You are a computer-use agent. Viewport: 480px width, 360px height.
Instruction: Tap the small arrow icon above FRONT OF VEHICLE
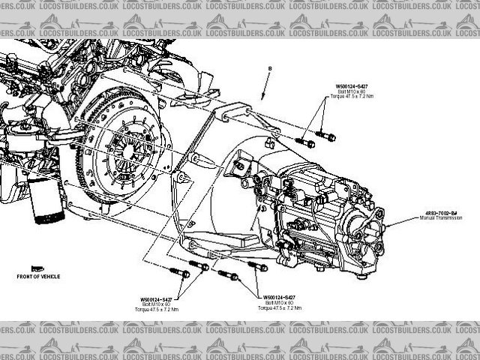35,268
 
